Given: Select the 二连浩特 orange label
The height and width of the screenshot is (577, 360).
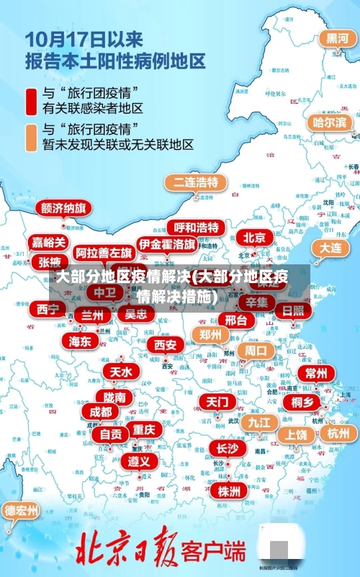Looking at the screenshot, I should point(194,182).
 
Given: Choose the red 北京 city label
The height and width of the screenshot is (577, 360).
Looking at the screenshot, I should point(253,237).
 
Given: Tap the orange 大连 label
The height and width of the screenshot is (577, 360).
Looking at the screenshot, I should point(330,247).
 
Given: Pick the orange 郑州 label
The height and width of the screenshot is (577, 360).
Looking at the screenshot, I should point(211,334).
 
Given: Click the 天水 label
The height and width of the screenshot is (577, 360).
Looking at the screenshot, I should point(120,372).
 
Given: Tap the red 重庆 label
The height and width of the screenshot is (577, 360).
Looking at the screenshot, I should point(144,429).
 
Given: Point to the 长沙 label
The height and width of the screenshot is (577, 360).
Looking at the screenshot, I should point(228,448).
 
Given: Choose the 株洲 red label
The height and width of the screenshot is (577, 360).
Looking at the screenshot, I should point(229,471).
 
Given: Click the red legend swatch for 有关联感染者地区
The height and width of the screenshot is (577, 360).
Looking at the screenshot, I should point(31,101).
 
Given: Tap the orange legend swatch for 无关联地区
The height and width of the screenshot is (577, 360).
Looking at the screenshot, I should point(31,137).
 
